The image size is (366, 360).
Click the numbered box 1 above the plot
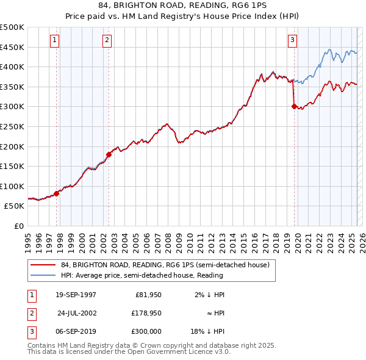click(x=54, y=41)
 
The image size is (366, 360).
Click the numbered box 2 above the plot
click(x=107, y=41)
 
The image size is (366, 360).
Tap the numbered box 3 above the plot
click(x=292, y=41)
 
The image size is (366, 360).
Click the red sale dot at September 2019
click(x=294, y=106)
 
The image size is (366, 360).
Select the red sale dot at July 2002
click(x=109, y=154)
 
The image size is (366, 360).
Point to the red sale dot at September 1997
click(x=57, y=193)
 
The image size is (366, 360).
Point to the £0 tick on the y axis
click(x=19, y=226)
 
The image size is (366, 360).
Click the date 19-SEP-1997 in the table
click(x=76, y=295)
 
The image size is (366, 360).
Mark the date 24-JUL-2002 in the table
click(x=77, y=313)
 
